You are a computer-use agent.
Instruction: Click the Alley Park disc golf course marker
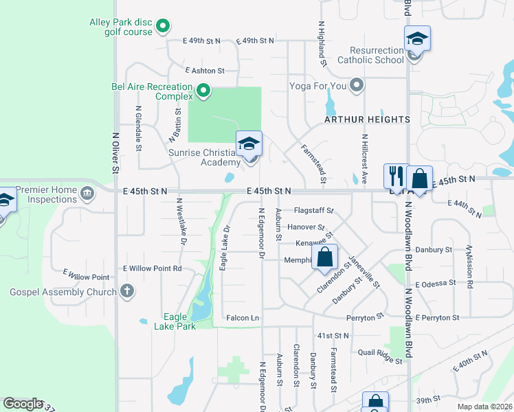pos(163,27)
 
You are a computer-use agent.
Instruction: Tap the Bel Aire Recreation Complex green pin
pos(203,91)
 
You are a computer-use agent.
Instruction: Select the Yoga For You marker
pos(356,86)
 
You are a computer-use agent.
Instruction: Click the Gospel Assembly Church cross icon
pos(126,291)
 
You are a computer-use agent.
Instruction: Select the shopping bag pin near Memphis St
pos(325,258)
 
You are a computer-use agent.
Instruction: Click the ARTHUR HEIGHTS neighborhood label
pos(368,119)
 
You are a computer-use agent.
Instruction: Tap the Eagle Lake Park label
pos(179,321)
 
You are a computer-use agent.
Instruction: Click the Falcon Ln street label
pos(243,318)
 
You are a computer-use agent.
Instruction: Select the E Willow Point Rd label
pos(152,268)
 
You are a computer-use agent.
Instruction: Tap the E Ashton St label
pos(205,71)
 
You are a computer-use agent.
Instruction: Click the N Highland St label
pos(321,43)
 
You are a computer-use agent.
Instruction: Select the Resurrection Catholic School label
pos(377,55)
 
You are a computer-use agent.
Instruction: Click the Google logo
pos(23,403)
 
